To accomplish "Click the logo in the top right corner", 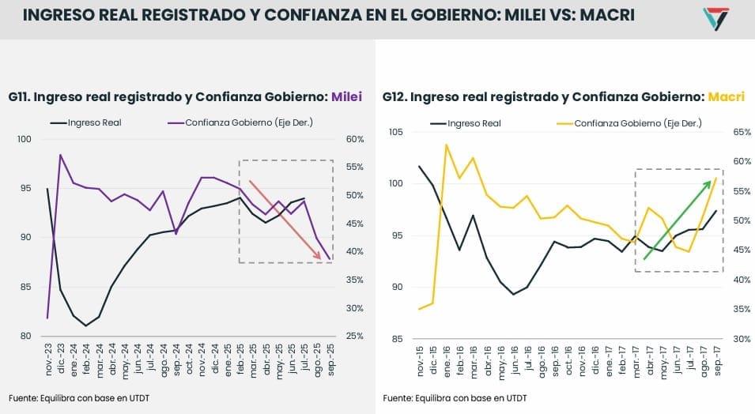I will pos(716,18).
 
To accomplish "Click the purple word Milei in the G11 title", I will pos(346,98).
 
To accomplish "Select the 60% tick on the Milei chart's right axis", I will pos(355,140).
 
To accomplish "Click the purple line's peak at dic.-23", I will pos(61,155).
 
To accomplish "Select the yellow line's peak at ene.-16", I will pos(447,145).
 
